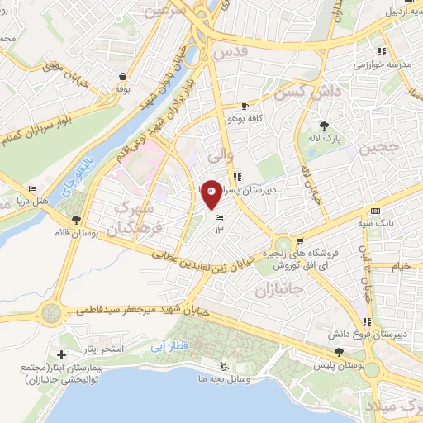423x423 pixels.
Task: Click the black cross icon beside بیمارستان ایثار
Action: (60, 354)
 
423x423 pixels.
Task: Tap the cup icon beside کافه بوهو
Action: (245, 107)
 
